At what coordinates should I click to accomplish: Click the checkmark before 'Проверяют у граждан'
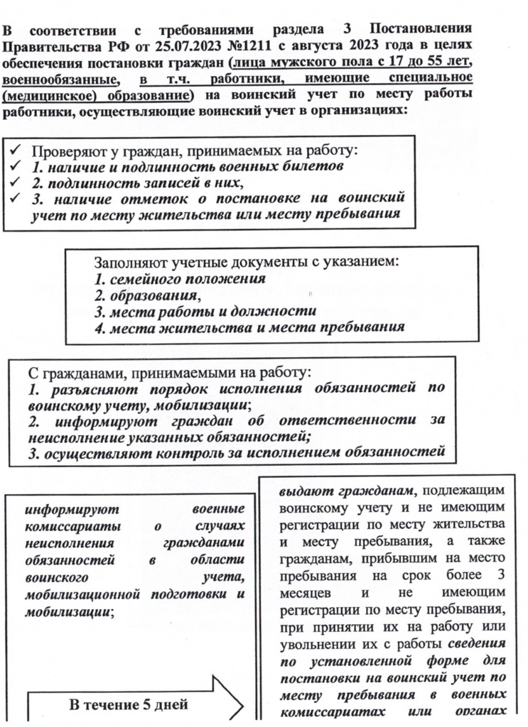[16, 151]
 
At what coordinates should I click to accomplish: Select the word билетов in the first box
[314, 168]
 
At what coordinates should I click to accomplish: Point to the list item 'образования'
[150, 295]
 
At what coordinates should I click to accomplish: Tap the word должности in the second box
[284, 312]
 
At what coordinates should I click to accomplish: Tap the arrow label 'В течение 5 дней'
[129, 705]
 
